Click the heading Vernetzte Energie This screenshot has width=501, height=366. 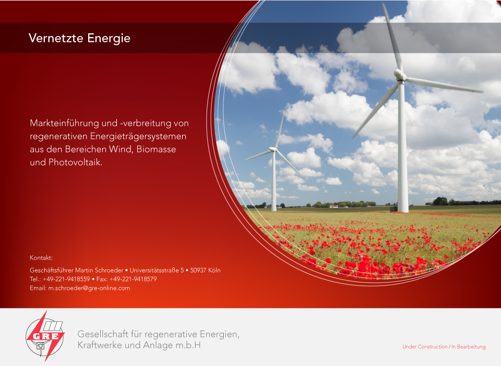coord(79,38)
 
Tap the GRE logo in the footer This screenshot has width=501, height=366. coord(45,336)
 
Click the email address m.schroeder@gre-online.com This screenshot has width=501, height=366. coord(89,288)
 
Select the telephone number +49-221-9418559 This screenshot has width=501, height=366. coord(66,279)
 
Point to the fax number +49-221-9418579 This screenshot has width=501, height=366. coord(133,279)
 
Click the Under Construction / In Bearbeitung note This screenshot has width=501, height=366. coord(444,347)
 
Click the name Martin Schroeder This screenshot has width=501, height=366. coord(99,270)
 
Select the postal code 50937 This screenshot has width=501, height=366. coord(198,270)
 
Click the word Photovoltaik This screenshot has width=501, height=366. coord(75,162)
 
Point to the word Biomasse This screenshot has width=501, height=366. coord(156,149)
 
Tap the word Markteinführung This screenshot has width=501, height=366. coord(65,123)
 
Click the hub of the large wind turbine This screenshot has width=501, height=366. coord(399,75)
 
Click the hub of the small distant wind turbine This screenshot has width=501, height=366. coord(273,149)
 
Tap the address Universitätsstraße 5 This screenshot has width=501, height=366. coord(157,270)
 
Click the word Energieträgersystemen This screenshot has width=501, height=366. coord(138,136)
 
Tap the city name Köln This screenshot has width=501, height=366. coord(214,270)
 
